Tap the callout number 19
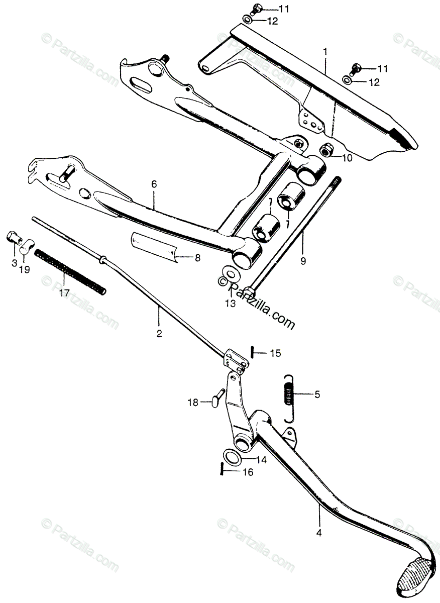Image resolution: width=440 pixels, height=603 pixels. [24, 269]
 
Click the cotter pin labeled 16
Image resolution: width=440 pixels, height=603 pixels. [222, 469]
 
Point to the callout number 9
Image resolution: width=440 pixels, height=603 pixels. [303, 261]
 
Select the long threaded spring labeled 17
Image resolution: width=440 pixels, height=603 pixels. [71, 271]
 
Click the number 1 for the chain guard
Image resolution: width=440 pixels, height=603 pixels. [325, 51]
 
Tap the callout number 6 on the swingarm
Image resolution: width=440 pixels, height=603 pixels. [154, 184]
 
